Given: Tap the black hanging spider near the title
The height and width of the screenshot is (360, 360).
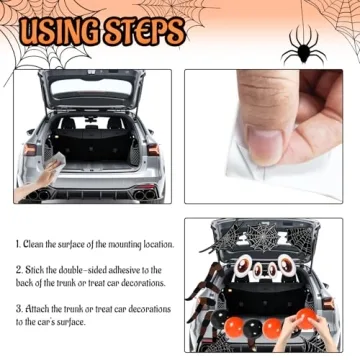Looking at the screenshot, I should [x=301, y=45].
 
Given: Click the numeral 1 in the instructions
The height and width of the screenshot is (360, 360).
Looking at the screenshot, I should [x=18, y=244].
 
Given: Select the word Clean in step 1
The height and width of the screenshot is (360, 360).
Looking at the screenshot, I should [x=38, y=244].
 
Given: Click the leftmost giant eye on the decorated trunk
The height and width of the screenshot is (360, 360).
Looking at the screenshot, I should [x=236, y=267].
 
